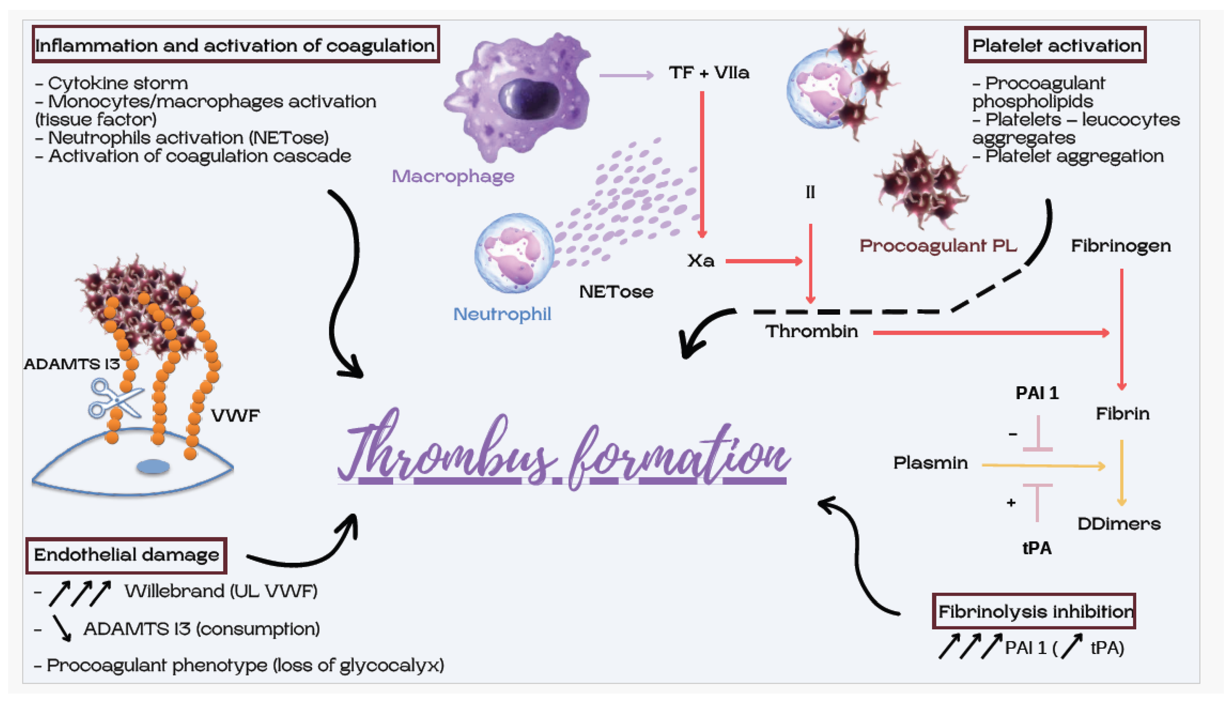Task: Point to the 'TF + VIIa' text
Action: (x=709, y=73)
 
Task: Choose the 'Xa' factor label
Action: (x=700, y=261)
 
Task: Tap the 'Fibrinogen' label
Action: (x=1120, y=246)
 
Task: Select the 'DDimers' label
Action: (x=1118, y=524)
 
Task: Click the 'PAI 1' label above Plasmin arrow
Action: (x=1037, y=393)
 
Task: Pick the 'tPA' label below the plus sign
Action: (x=1036, y=548)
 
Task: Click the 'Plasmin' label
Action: (x=930, y=463)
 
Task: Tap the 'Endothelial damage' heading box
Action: (x=126, y=555)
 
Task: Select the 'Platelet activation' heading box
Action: (x=1055, y=45)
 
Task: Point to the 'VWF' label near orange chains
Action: (x=235, y=415)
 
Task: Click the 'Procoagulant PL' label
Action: (x=938, y=246)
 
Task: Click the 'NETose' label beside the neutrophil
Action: (x=616, y=291)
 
